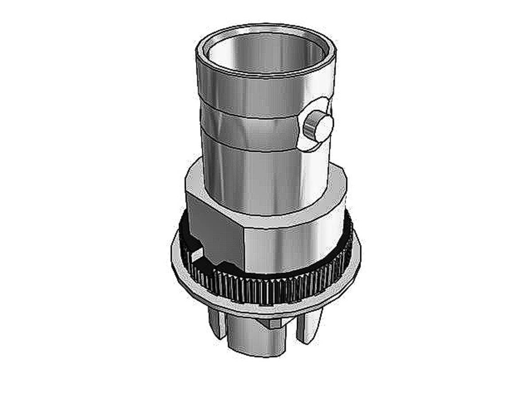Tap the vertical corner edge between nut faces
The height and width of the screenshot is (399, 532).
pyautogui.click(x=244, y=248)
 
